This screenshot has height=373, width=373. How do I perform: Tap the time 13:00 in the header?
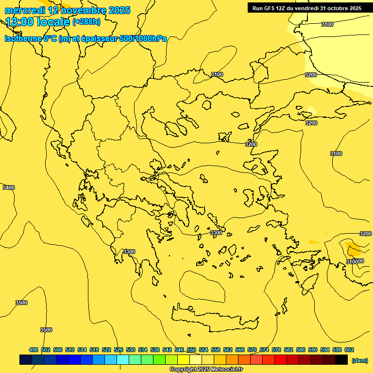(19, 21)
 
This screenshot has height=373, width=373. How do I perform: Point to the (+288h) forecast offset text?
(86, 22)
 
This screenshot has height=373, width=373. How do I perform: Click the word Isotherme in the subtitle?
(23, 38)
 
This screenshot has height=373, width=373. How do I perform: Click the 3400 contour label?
(9, 187)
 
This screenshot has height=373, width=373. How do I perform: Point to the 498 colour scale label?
(34, 350)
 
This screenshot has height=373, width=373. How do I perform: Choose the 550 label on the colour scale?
(191, 350)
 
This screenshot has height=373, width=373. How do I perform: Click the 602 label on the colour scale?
(349, 350)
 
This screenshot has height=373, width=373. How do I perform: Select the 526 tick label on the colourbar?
(119, 350)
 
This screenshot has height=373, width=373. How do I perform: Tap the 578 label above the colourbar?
(276, 350)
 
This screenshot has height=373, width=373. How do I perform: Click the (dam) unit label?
(359, 360)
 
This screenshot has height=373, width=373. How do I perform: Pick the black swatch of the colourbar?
(341, 359)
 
